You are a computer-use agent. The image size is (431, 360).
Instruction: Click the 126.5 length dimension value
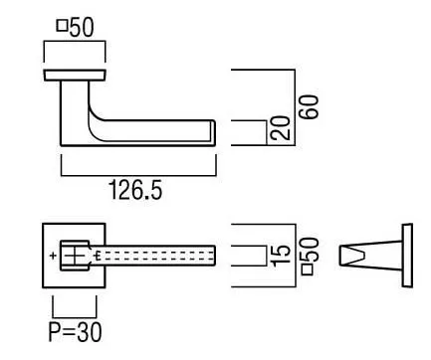[135, 190]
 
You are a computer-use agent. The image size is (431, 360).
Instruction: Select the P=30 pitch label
[76, 332]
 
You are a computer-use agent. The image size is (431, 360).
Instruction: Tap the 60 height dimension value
[309, 106]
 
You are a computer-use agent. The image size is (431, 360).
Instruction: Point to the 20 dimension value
[280, 127]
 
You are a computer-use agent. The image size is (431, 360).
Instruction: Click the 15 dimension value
[281, 256]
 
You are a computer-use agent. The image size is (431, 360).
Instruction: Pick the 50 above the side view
[82, 27]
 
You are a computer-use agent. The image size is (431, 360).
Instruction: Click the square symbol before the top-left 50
[63, 26]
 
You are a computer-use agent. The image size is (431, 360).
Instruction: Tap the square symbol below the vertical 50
[308, 270]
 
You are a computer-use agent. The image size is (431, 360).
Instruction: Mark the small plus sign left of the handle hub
[53, 256]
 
